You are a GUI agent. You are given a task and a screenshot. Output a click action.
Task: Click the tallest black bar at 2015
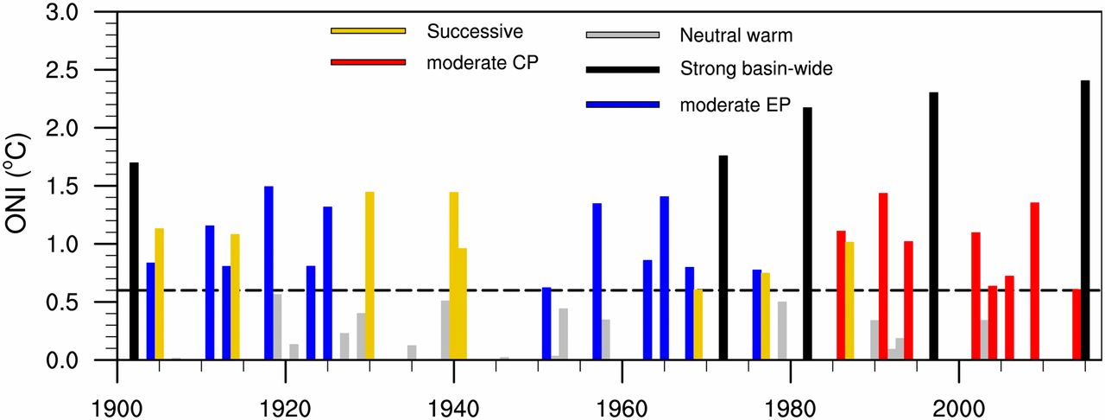pos(1085,220)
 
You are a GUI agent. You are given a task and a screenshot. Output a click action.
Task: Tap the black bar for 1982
pos(807,233)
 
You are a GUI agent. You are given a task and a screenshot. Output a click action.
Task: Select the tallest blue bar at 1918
pos(268,273)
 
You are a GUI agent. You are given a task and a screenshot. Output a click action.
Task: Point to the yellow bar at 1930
pos(369,276)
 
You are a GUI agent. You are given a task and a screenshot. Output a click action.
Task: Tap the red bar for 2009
pos(1034,281)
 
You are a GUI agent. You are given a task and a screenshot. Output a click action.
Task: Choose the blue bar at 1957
pos(597,282)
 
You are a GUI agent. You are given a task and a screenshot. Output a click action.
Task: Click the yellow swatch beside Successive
pos(368,31)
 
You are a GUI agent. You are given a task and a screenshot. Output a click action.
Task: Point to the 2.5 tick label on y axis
pos(61,71)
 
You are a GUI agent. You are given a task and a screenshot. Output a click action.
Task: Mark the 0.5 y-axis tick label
pos(61,302)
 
